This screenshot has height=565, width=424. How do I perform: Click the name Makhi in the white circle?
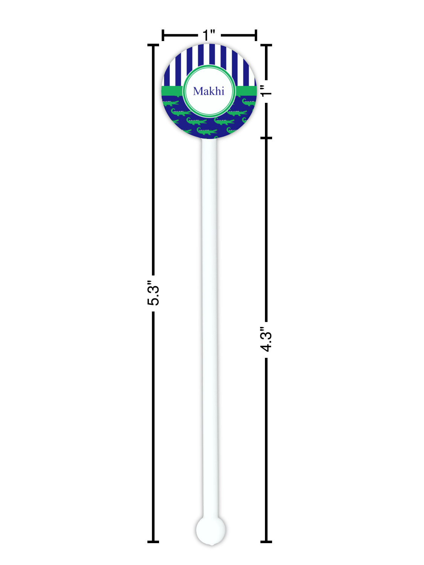208,91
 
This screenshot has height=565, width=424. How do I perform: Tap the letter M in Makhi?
198,92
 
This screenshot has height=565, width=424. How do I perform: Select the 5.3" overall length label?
153,293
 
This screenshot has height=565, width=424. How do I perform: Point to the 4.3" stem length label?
266,339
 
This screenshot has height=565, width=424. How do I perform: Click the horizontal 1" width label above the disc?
209,35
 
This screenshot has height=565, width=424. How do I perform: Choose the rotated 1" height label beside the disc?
266,91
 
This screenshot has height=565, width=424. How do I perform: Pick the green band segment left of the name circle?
172,91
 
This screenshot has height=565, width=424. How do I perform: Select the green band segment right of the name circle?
246,91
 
